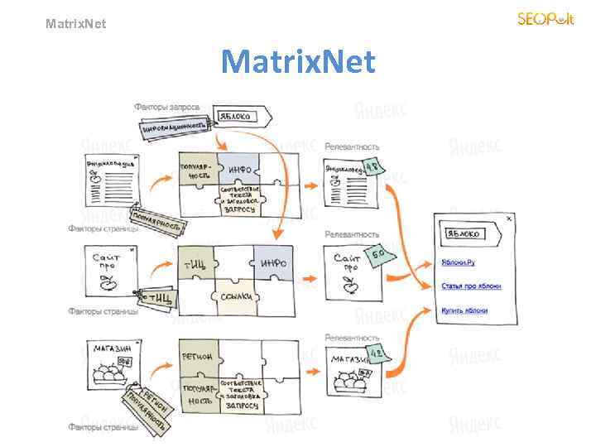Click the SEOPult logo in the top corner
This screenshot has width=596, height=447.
[545, 18]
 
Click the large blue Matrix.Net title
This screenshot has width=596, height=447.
[298, 60]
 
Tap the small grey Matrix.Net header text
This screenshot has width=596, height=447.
[76, 24]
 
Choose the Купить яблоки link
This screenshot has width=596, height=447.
[464, 311]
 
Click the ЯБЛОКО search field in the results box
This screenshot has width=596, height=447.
[466, 233]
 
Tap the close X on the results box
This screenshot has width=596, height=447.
[509, 219]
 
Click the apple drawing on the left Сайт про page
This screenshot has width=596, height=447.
[106, 284]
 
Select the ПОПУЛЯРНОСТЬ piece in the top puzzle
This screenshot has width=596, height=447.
[197, 171]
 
